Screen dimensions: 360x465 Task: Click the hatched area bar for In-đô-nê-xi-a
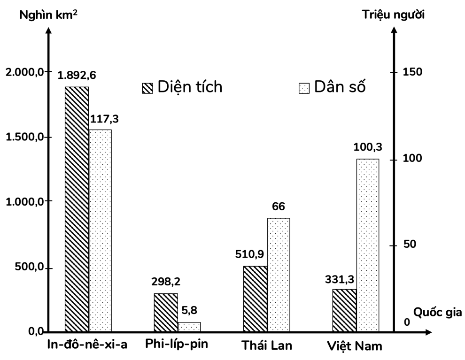pos(77,209)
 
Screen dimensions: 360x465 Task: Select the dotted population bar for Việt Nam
pos(367,245)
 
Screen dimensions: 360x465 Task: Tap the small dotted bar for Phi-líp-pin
pos(189,327)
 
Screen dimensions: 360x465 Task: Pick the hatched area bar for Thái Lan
pos(256,299)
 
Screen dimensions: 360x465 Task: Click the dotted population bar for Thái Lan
pos(279,275)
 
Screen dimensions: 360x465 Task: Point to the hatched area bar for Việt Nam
pos(344,310)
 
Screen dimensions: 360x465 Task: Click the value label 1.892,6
pos(77,76)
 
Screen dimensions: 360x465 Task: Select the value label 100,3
pos(367,147)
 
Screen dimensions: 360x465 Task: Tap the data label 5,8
pos(190,310)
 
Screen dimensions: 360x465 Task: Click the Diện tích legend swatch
pos(147,88)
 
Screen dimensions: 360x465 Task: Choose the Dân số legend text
pos(340,87)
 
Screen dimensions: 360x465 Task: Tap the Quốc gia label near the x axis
pos(437,312)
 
